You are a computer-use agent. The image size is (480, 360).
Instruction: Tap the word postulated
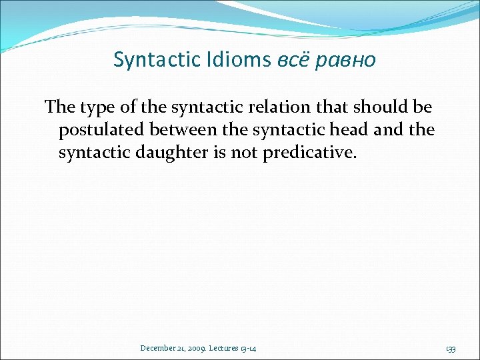coord(101,130)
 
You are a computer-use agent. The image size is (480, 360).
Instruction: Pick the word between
coord(184,130)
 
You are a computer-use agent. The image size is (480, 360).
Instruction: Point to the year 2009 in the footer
coord(197,349)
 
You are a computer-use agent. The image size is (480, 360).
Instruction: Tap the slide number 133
coord(451,349)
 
